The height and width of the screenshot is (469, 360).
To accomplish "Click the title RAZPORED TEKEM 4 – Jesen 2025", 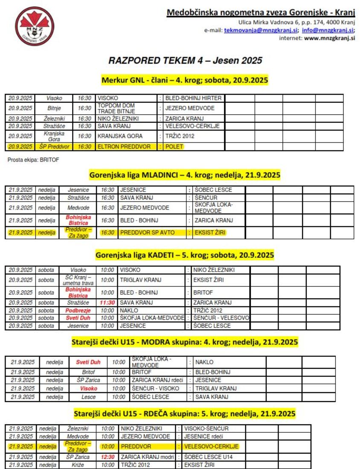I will pos(185,61).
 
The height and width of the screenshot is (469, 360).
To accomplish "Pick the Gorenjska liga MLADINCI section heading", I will pos(185,174).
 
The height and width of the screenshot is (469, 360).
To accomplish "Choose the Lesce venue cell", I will pos(88,397).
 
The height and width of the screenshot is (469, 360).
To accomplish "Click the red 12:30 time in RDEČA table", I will pos(107,457).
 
